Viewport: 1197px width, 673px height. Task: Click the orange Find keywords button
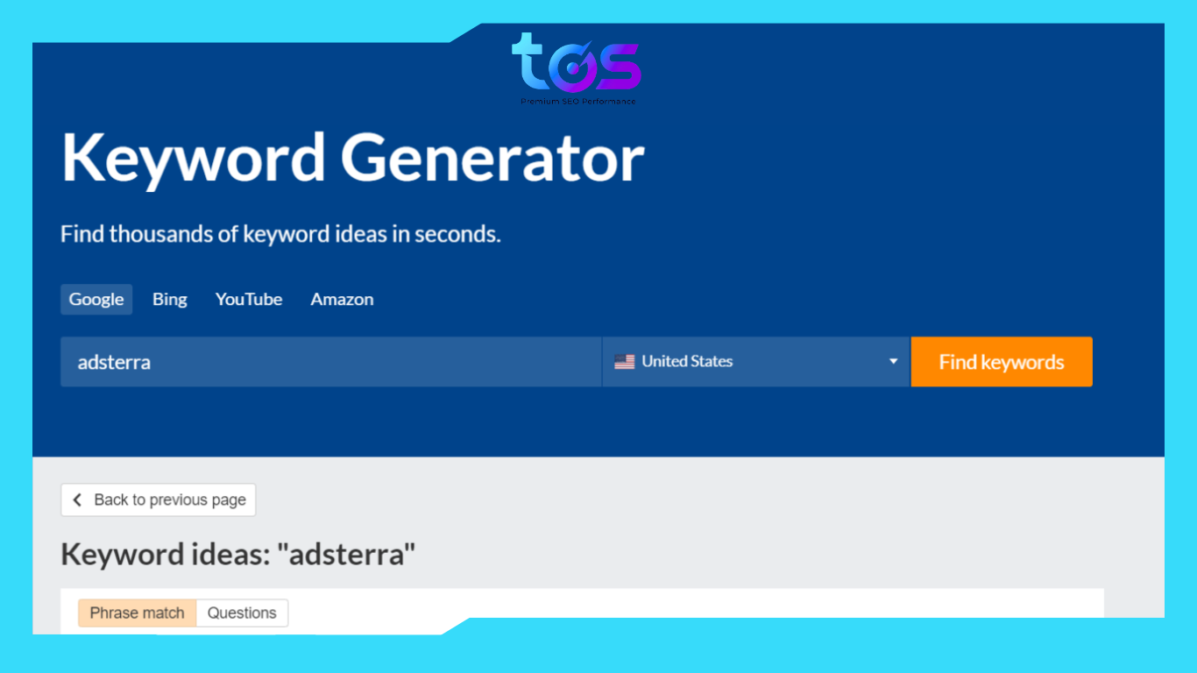coord(1002,362)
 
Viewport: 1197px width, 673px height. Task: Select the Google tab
coord(96,299)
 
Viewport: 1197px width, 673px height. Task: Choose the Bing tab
coord(169,299)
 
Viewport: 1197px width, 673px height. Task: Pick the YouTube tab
coord(249,299)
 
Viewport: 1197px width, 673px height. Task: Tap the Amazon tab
coord(342,299)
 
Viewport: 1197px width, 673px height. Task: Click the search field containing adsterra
coord(330,362)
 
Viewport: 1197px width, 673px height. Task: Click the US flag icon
coord(624,361)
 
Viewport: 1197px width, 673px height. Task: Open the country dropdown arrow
coord(893,361)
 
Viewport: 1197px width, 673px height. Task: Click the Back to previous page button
coord(159,499)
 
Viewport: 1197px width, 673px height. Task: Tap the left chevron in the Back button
coord(77,499)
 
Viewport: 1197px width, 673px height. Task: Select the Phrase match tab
coord(137,613)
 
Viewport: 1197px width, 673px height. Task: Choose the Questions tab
coord(242,613)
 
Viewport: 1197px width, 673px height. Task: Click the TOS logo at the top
coord(576,63)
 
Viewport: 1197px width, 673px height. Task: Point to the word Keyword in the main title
coord(193,159)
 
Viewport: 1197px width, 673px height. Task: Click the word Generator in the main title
coord(492,159)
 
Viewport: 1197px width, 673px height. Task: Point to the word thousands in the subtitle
coord(173,234)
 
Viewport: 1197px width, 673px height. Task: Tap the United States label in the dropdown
coord(687,361)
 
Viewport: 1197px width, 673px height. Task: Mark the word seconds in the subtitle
coord(457,234)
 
